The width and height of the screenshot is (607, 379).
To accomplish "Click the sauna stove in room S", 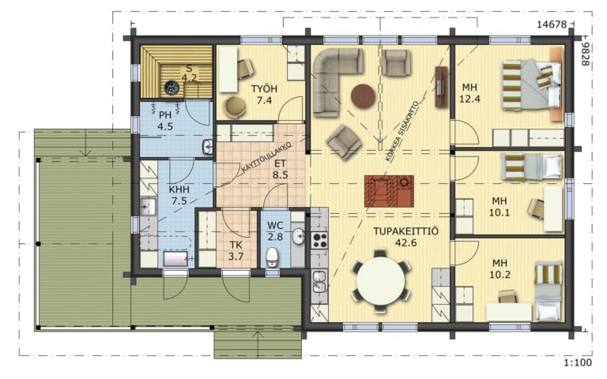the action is [x=172, y=88].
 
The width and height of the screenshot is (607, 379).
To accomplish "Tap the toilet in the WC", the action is [x=272, y=257].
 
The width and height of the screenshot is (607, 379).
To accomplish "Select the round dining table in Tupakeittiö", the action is [x=381, y=280].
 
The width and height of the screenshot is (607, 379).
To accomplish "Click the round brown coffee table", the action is [x=363, y=96].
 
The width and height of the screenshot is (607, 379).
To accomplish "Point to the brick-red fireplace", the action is [x=389, y=190].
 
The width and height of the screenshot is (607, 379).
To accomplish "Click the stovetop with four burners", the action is [x=320, y=240].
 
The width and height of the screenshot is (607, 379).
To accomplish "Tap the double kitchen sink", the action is [x=319, y=282].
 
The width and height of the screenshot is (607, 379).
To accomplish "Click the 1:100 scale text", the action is [x=578, y=362].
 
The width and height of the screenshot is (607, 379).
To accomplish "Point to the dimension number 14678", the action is [x=552, y=24].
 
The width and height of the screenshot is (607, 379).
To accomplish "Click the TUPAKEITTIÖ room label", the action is [x=405, y=231].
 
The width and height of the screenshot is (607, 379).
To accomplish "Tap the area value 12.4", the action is [x=469, y=99].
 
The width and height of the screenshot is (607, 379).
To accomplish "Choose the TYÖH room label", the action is [x=265, y=89].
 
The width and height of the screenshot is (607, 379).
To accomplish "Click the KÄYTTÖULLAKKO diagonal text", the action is [x=266, y=158].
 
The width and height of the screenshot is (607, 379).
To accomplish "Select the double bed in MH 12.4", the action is [x=531, y=84].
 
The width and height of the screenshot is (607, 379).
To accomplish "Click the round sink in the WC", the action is [x=298, y=236].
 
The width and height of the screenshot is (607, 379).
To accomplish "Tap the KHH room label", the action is [x=179, y=189].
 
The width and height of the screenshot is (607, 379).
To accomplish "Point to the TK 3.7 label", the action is [x=236, y=250].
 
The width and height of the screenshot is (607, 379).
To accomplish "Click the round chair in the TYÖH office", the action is [x=235, y=107].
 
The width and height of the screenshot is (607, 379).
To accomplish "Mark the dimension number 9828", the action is [x=586, y=54].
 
